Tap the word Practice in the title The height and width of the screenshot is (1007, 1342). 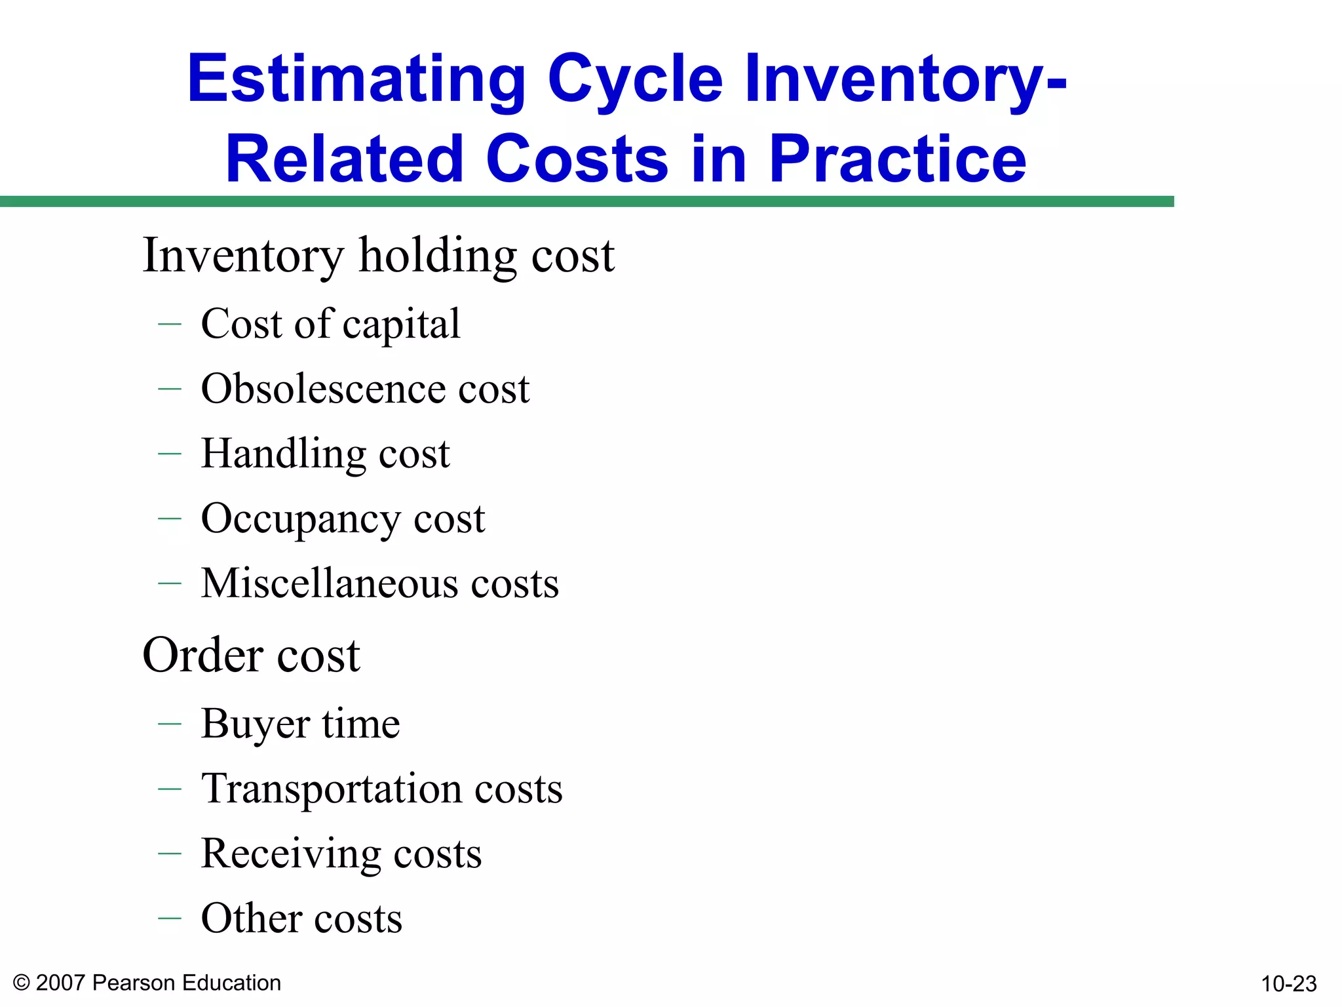point(897,159)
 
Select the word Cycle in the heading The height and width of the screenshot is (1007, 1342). point(635,79)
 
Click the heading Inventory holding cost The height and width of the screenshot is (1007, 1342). point(378,255)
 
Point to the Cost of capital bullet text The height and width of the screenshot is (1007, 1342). point(330,324)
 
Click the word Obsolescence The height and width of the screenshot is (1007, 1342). point(321,389)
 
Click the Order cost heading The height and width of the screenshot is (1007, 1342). point(251,655)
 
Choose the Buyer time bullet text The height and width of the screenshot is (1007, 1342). point(300,724)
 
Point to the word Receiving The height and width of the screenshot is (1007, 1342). point(290,854)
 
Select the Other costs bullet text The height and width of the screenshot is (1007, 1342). point(301,918)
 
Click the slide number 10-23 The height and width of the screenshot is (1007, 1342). point(1288,983)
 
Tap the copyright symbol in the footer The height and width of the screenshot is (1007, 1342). point(22,983)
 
